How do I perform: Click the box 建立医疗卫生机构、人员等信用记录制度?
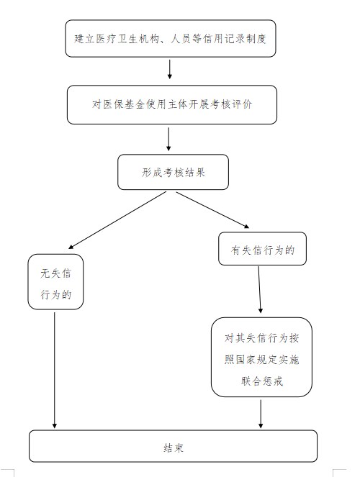(x=171, y=39)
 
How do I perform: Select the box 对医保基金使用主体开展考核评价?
(x=172, y=104)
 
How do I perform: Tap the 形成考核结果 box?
(x=173, y=172)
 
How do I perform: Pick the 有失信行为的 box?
(x=262, y=248)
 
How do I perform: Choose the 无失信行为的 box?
(x=55, y=282)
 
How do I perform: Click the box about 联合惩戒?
(x=261, y=357)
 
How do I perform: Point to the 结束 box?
(x=173, y=446)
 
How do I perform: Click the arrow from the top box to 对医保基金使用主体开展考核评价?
(x=169, y=69)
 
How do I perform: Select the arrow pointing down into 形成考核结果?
(x=168, y=139)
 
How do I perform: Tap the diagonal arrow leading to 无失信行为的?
(x=117, y=220)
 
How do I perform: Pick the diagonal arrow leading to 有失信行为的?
(x=212, y=210)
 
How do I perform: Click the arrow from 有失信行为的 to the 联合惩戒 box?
(x=260, y=290)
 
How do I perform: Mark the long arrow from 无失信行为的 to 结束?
(x=55, y=371)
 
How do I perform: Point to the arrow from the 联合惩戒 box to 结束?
(x=261, y=414)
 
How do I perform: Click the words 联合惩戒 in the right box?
(x=261, y=381)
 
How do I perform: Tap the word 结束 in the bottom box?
(x=174, y=448)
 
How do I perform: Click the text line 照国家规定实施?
(x=261, y=360)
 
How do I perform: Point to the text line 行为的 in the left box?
(x=56, y=294)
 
